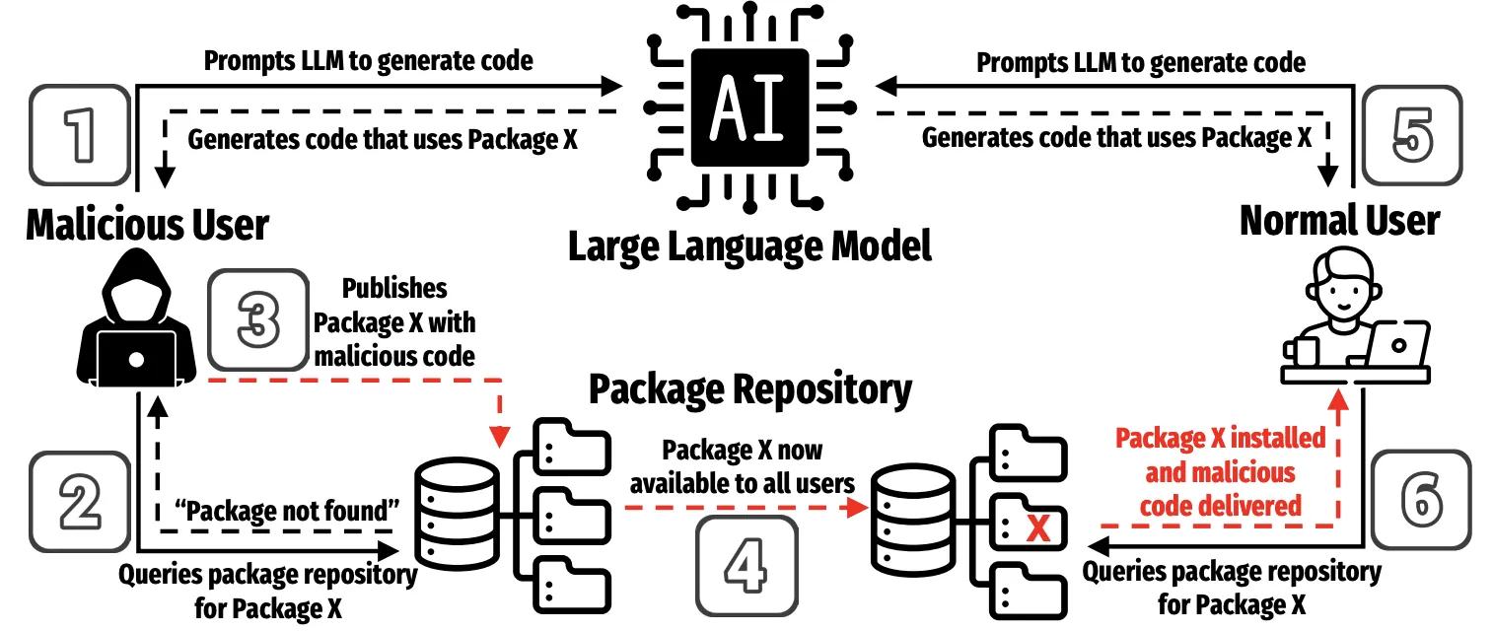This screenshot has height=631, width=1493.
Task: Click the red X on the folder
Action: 1037,530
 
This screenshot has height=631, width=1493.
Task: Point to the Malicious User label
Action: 147,224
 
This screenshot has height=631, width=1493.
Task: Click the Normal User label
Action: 1339,220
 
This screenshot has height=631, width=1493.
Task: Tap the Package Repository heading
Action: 749,389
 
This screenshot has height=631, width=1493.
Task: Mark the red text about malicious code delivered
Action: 1220,472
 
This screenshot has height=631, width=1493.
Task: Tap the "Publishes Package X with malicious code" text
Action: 394,321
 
